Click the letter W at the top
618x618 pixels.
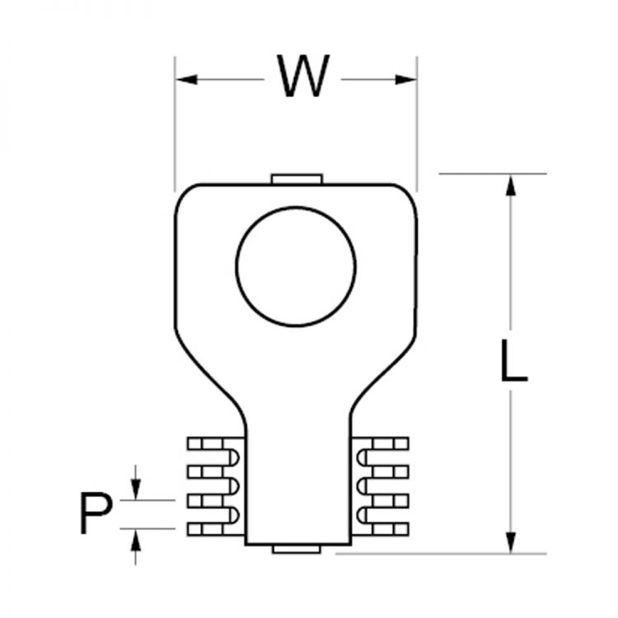pos(302,77)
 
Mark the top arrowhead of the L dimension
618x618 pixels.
pos(512,185)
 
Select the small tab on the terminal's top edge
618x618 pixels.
pos(296,179)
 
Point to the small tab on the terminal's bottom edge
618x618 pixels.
pos(296,549)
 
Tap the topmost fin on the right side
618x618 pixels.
pos(383,443)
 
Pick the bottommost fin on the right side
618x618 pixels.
pos(383,528)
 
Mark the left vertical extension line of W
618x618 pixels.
pos(175,124)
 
